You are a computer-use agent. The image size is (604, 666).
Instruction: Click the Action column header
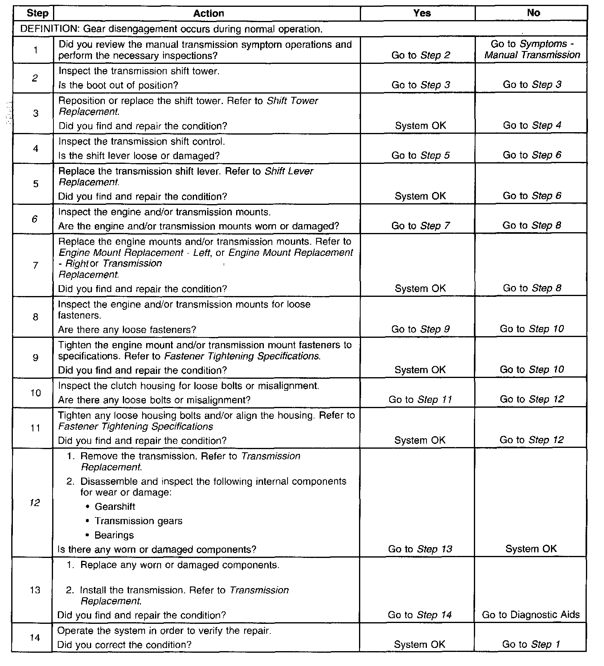(x=208, y=13)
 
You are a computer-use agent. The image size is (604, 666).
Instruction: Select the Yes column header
(x=422, y=13)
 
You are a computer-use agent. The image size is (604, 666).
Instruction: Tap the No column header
(x=533, y=13)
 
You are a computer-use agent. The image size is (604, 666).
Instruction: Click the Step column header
(x=37, y=13)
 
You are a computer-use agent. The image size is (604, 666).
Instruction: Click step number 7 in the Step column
(x=35, y=265)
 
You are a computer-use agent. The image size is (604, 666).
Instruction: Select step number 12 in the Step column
(x=35, y=503)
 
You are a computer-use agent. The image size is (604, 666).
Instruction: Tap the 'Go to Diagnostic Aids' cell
(x=531, y=615)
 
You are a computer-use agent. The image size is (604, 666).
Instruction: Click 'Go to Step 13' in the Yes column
(x=420, y=549)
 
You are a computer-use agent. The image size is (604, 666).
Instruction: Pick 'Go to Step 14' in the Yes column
(x=420, y=615)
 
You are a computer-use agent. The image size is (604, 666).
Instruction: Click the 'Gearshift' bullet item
(x=115, y=507)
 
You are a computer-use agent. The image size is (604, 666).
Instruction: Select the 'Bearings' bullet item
(x=114, y=535)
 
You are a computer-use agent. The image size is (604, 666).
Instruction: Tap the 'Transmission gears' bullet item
(x=138, y=521)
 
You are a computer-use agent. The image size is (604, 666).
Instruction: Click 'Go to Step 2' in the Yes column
(x=420, y=55)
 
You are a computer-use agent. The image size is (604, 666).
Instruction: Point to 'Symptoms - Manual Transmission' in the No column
(x=532, y=49)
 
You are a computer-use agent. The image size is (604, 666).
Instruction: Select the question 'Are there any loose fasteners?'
(x=127, y=330)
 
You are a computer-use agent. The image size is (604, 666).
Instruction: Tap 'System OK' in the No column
(x=531, y=549)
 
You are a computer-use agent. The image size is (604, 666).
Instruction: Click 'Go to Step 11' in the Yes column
(x=420, y=400)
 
